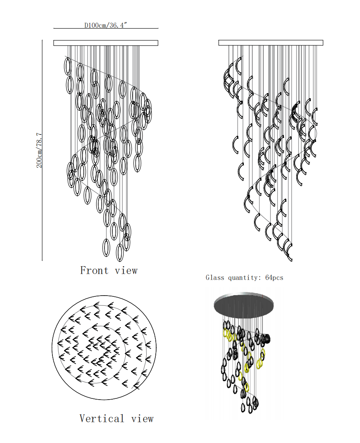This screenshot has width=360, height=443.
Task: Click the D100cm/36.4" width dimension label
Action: (106, 25)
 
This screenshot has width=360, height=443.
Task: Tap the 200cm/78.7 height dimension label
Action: (39, 150)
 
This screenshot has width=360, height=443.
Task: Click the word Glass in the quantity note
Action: (215, 278)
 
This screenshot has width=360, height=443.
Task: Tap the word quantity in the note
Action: (243, 278)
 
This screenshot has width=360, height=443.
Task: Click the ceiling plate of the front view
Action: (106, 43)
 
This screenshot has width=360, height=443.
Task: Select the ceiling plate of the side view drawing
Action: (271, 43)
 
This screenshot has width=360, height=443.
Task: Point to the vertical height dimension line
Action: (42, 150)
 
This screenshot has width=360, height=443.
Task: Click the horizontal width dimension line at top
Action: (106, 29)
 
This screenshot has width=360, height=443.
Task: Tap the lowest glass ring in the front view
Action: (120, 253)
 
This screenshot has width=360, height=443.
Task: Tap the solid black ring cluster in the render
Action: (267, 339)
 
